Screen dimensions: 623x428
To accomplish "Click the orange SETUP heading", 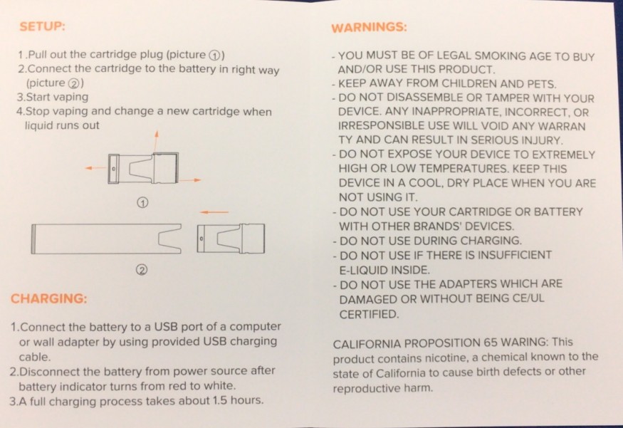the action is pyautogui.click(x=43, y=26).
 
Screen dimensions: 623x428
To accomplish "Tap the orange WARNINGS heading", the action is pyautogui.click(x=369, y=28).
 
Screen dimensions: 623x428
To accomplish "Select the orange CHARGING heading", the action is pyautogui.click(x=49, y=298).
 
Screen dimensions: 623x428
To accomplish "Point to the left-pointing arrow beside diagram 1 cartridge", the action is pyautogui.click(x=95, y=168).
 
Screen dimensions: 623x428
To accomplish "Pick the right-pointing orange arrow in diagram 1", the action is pyautogui.click(x=189, y=180).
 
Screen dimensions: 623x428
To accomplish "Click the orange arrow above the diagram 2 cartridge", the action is pyautogui.click(x=214, y=212).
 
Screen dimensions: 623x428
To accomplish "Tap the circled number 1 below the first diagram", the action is pyautogui.click(x=142, y=203).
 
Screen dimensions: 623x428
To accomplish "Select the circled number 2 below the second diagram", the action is pyautogui.click(x=142, y=270).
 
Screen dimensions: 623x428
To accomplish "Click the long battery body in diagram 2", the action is pyautogui.click(x=106, y=239).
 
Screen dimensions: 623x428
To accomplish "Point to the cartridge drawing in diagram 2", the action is pyautogui.click(x=231, y=239).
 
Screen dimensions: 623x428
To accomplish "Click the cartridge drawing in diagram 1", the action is pyautogui.click(x=143, y=168).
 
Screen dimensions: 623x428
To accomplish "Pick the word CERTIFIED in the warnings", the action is pyautogui.click(x=369, y=314).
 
